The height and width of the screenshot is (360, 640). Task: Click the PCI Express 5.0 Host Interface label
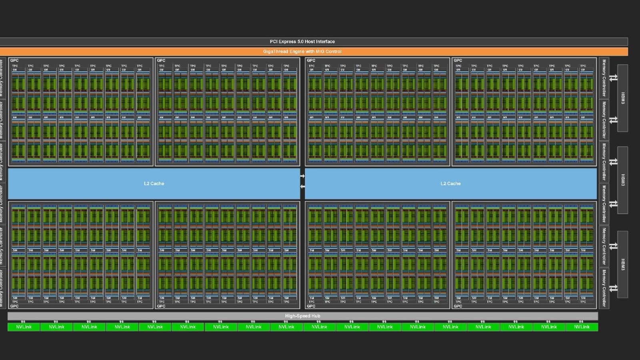tap(302, 42)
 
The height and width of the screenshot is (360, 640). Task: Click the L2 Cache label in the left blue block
tap(154, 184)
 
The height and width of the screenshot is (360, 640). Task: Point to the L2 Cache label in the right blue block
tap(450, 184)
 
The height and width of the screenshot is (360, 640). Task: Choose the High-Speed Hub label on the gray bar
tap(302, 316)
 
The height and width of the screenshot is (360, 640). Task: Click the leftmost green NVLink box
tap(24, 327)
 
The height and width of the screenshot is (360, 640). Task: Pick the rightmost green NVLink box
tap(582, 327)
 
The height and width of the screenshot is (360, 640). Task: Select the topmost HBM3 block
tap(622, 98)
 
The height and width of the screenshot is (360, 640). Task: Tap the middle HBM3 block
tap(622, 180)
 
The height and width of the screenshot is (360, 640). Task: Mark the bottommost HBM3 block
tap(622, 264)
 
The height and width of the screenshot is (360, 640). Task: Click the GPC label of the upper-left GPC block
tap(14, 60)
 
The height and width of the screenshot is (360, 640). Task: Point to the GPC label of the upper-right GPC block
tap(458, 60)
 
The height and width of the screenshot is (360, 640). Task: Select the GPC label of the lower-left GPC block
tap(14, 306)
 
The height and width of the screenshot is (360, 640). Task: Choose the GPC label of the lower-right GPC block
tap(458, 306)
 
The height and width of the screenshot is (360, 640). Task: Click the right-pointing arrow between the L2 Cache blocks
tap(302, 176)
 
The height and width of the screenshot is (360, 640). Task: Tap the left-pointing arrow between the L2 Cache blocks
tap(302, 186)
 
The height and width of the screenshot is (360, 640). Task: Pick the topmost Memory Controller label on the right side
tap(604, 78)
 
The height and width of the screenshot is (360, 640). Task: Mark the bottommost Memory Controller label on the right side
tap(604, 288)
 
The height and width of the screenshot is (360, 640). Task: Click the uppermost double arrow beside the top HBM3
tap(613, 78)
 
